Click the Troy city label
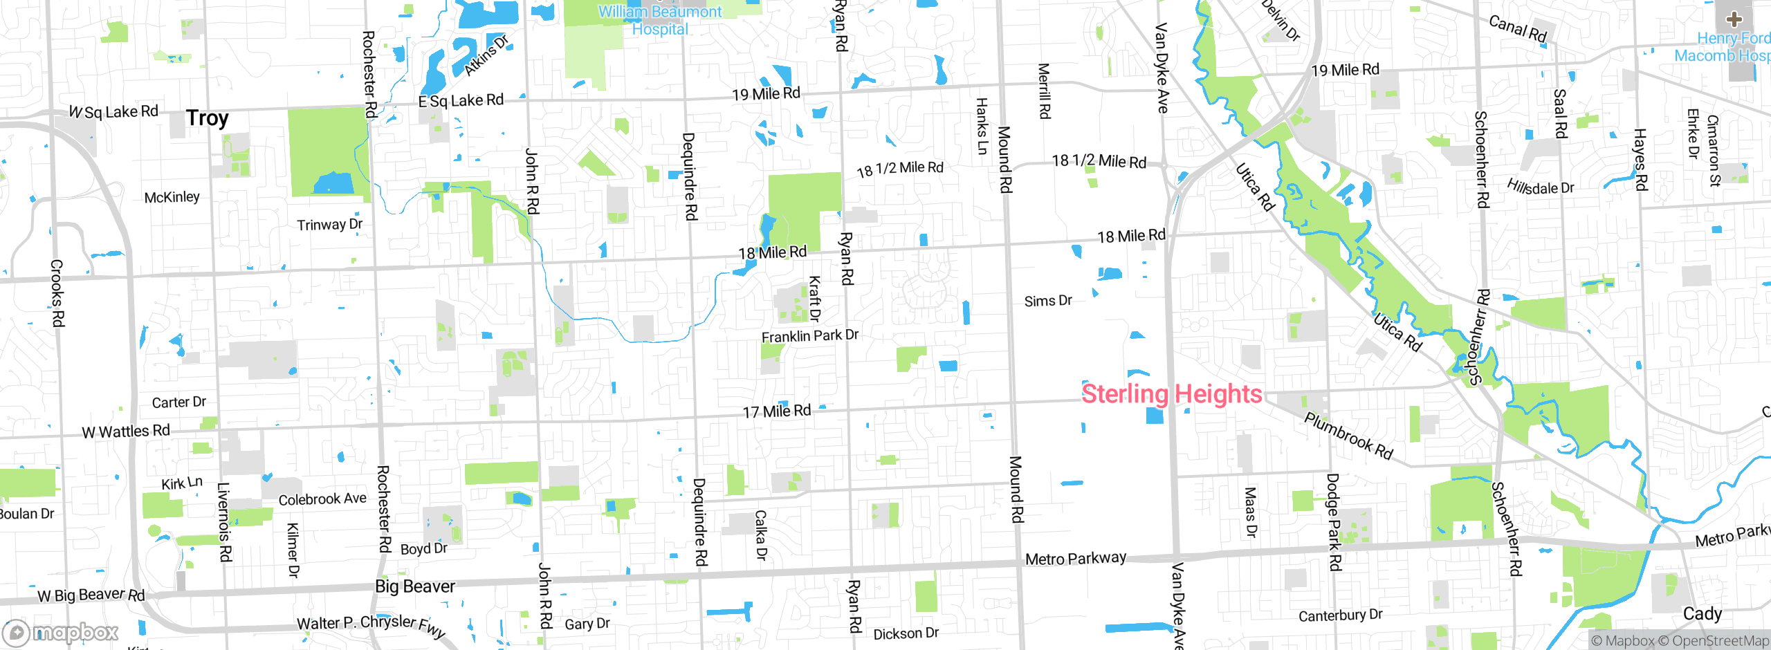coord(207,118)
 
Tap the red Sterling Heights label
coord(1172,394)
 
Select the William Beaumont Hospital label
coord(659,20)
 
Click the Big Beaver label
coord(415,586)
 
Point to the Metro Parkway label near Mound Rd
coord(1076,559)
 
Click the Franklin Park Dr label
coord(809,336)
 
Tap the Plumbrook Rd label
coord(1348,436)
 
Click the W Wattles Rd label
coord(126,431)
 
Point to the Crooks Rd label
coord(57,293)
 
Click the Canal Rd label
coord(1518,29)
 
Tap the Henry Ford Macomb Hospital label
coord(1726,47)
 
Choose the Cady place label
coord(1703,614)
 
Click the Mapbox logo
coord(61,632)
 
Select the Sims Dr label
coord(1048,301)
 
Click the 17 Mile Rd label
coord(777,411)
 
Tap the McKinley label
coord(172,198)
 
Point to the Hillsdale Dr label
coord(1541,187)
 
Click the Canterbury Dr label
coord(1340,615)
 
